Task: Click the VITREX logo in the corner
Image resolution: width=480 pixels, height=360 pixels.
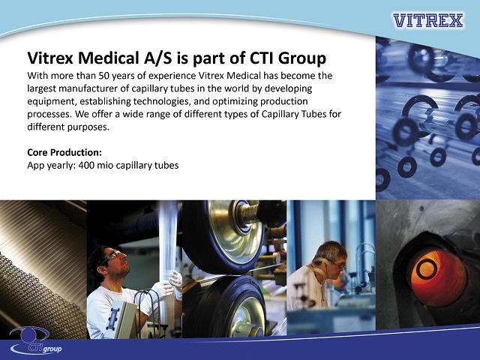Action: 428,20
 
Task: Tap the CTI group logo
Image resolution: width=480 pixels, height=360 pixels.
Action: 36,340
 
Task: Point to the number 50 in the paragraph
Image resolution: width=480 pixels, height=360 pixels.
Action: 100,76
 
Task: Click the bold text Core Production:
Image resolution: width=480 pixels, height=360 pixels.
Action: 64,152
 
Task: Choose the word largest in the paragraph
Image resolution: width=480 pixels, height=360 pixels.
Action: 41,88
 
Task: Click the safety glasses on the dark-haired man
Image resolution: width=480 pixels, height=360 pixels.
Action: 111,256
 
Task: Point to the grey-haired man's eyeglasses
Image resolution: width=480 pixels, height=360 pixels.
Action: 337,264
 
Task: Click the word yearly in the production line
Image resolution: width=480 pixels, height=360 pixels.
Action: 60,166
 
